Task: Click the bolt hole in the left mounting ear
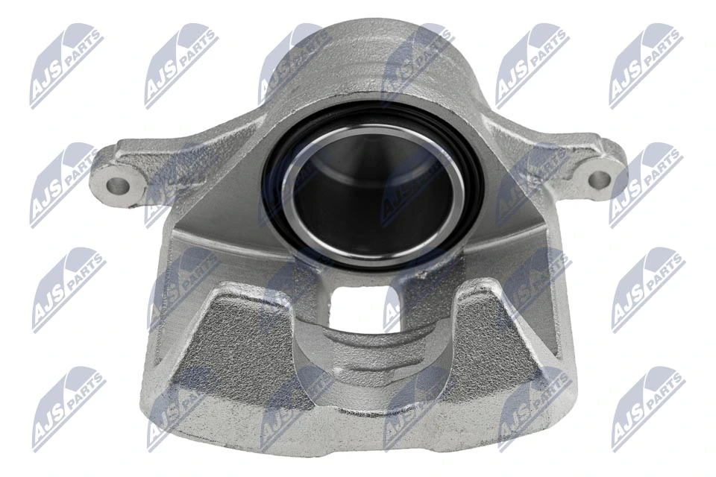point(116,182)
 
